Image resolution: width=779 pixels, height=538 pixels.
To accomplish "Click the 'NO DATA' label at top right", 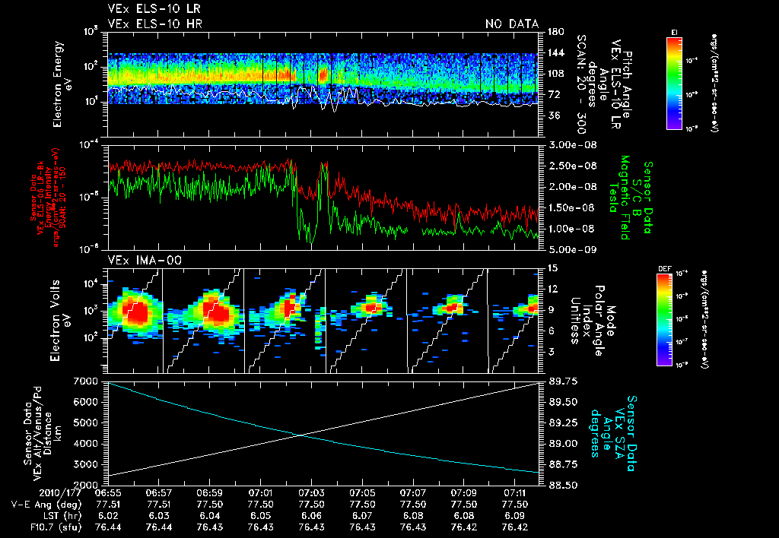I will [511, 24].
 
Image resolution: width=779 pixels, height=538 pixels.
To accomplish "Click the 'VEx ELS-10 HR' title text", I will [147, 24].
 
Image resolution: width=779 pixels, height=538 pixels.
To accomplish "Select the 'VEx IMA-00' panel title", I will [135, 259].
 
